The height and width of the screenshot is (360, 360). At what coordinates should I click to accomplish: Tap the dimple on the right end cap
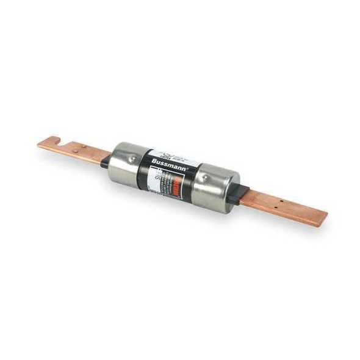206,177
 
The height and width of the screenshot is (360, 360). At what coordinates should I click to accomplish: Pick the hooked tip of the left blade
43,143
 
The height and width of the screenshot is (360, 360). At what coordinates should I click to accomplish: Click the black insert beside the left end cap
106,161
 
